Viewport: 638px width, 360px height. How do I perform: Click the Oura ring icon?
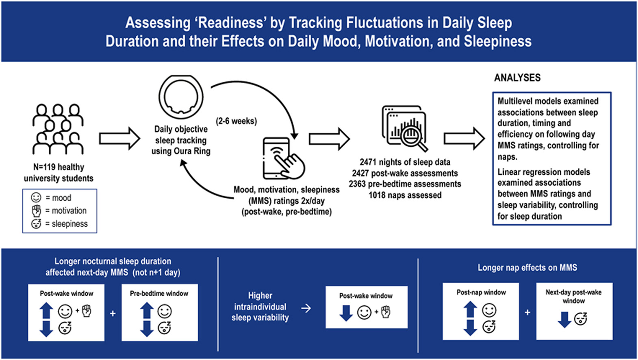181,97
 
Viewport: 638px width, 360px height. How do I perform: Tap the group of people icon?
58,129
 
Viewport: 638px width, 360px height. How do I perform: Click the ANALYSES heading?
517,78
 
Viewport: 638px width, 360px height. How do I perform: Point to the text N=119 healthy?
59,167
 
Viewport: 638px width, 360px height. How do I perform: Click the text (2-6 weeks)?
236,121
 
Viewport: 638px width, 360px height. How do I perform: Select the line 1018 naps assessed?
405,195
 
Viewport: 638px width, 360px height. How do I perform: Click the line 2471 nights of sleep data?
405,162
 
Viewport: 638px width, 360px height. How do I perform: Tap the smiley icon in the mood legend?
36,197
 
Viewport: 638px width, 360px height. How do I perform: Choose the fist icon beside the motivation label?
37,210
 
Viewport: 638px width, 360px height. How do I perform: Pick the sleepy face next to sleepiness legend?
36,223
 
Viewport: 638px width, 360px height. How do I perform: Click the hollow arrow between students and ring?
119,139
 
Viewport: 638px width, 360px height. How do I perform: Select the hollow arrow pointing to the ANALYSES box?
464,139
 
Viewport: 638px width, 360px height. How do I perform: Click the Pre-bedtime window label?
159,293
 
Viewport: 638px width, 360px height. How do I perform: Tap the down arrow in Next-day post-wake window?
564,319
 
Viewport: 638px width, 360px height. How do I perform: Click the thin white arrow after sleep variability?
306,308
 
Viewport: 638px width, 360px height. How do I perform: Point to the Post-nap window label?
481,292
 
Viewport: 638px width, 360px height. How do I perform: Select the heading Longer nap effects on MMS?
527,268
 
